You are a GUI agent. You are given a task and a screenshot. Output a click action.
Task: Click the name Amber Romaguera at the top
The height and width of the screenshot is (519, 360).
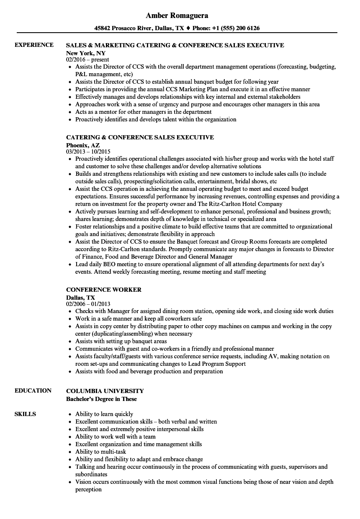coord(177,15)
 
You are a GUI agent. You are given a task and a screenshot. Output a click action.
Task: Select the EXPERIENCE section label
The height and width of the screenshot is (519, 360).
coord(34,45)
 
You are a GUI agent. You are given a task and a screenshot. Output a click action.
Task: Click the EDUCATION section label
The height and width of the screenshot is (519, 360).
coord(33,391)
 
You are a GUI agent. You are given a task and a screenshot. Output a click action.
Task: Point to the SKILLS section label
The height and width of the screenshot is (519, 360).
coord(25,414)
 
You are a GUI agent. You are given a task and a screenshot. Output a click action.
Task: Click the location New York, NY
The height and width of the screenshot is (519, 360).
coord(86,53)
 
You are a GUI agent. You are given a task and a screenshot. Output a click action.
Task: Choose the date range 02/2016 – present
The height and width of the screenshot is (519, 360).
coord(87,59)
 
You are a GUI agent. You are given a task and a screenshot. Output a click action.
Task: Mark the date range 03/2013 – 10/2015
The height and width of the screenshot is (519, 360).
coord(88,152)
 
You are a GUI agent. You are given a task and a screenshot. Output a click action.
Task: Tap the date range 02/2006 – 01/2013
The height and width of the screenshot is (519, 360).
coord(88,304)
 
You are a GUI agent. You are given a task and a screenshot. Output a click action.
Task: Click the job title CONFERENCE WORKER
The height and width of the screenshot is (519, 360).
coord(104,290)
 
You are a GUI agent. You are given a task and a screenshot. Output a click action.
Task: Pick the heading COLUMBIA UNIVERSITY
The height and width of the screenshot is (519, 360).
coord(105,391)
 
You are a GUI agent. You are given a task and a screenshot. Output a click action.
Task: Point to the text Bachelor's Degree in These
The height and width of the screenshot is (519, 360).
coord(101,399)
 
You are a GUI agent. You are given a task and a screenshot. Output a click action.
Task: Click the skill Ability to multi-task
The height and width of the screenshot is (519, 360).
coord(101,452)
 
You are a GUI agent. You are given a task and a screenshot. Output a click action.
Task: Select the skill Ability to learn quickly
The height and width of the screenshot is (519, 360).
coord(104,414)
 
